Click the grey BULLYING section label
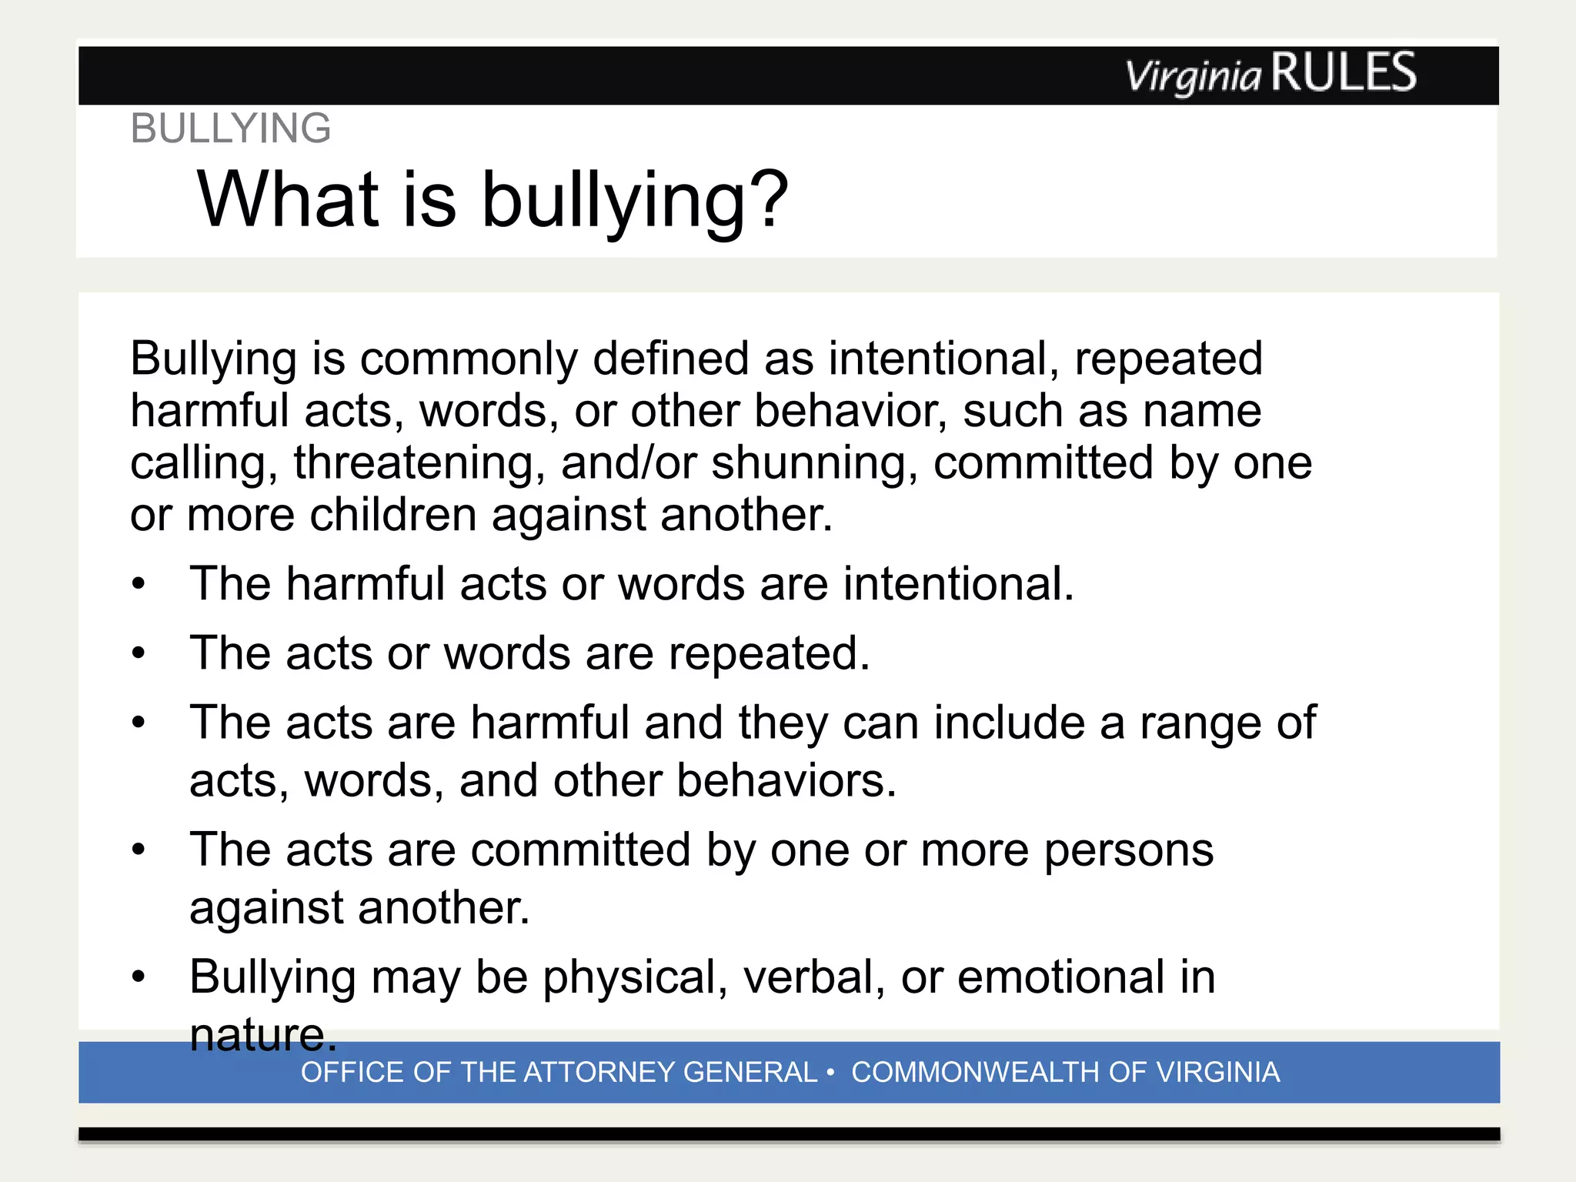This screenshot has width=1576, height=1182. [231, 129]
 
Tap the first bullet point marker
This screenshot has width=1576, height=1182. [139, 584]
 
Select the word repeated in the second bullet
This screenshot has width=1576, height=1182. [768, 654]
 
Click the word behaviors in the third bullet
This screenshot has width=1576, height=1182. [786, 781]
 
